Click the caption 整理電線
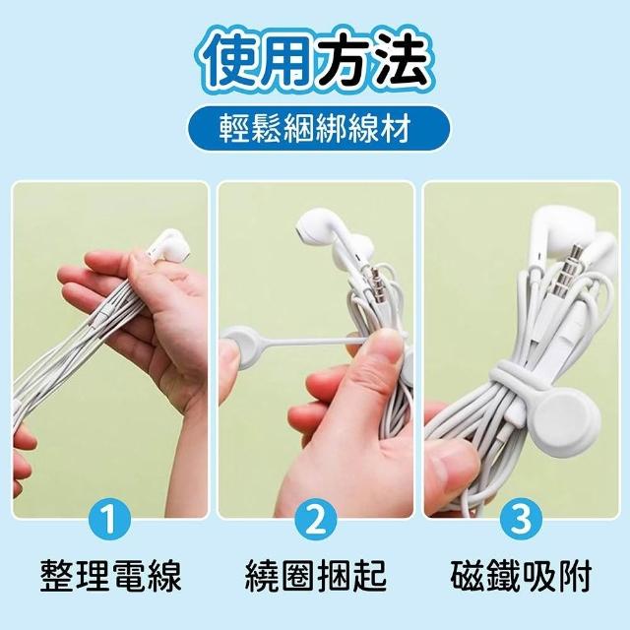pyautogui.click(x=111, y=575)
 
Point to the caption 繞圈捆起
pyautogui.click(x=316, y=575)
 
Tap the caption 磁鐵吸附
pyautogui.click(x=521, y=575)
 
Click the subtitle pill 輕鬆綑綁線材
pyautogui.click(x=315, y=129)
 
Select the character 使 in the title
pyautogui.click(x=231, y=59)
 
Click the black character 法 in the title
pyautogui.click(x=395, y=59)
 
